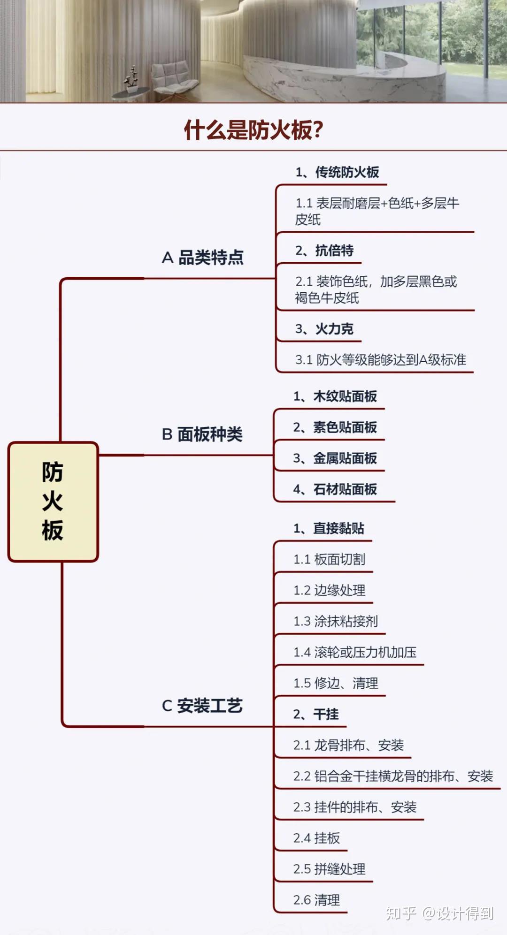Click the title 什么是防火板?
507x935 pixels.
click(x=253, y=130)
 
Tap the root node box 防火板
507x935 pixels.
click(x=53, y=502)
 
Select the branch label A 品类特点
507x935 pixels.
click(x=203, y=258)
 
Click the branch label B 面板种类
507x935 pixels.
click(x=202, y=434)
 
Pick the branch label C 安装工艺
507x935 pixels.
click(x=202, y=706)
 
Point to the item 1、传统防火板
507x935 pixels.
click(x=337, y=172)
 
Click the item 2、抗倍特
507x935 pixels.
click(x=324, y=251)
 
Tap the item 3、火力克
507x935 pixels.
click(x=324, y=329)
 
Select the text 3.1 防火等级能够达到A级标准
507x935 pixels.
click(x=380, y=360)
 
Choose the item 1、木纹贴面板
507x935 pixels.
click(x=335, y=396)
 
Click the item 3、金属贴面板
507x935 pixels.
click(x=335, y=458)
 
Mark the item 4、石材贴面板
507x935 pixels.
click(x=335, y=489)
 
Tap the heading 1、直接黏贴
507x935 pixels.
click(x=329, y=528)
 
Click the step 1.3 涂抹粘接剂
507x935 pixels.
click(x=336, y=621)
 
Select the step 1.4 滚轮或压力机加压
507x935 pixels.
click(x=355, y=652)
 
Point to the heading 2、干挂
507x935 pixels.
click(x=316, y=714)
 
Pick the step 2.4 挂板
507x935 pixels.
click(x=316, y=838)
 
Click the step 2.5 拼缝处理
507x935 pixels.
click(x=329, y=869)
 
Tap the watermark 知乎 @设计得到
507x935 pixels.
click(x=439, y=913)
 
